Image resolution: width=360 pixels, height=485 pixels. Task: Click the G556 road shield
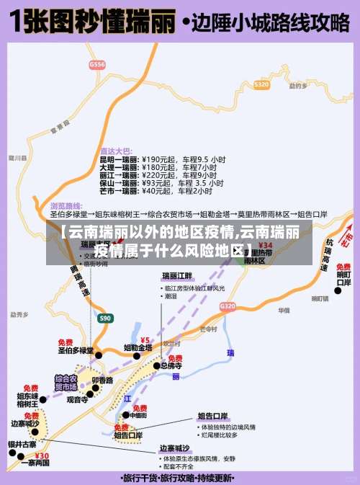[x=96, y=64]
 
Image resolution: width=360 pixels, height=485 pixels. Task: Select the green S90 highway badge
[x=105, y=318]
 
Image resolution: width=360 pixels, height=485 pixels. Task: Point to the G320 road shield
[x=227, y=306]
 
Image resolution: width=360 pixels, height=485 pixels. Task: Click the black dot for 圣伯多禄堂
[x=99, y=355]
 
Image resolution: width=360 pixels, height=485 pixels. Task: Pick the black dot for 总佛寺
[x=156, y=365]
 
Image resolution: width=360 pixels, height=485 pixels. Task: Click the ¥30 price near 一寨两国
[x=42, y=455]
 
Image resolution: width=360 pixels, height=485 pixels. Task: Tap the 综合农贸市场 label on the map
[x=66, y=381]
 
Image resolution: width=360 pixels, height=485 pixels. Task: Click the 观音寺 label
[x=77, y=399]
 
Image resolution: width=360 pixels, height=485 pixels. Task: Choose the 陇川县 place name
[x=18, y=156]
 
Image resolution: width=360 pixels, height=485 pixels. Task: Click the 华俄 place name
[x=283, y=311]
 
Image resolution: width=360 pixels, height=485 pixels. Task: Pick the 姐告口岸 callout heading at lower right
[x=213, y=416]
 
